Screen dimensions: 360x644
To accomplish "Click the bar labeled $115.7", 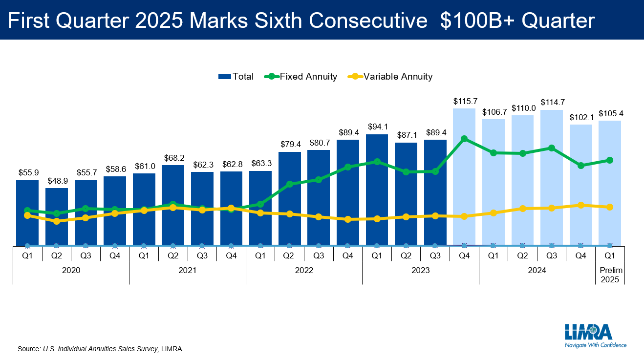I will tap(464, 176).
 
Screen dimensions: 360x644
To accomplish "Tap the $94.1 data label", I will tap(377, 127).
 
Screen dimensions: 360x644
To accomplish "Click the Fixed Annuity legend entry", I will tap(301, 76).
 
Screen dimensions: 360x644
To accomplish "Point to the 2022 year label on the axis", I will tap(304, 270).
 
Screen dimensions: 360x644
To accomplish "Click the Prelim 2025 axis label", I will tap(610, 275).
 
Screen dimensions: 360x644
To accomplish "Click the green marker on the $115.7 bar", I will tap(464, 139).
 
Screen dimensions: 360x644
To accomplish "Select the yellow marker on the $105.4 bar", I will tap(610, 207).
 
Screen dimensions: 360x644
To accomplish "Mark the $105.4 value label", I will tap(610, 113).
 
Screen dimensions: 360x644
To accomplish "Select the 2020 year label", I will tap(71, 270).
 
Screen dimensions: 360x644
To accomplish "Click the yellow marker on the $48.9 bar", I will tap(57, 221).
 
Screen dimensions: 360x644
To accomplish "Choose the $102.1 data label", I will tap(581, 117).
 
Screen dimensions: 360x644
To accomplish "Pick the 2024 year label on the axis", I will tap(537, 270).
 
